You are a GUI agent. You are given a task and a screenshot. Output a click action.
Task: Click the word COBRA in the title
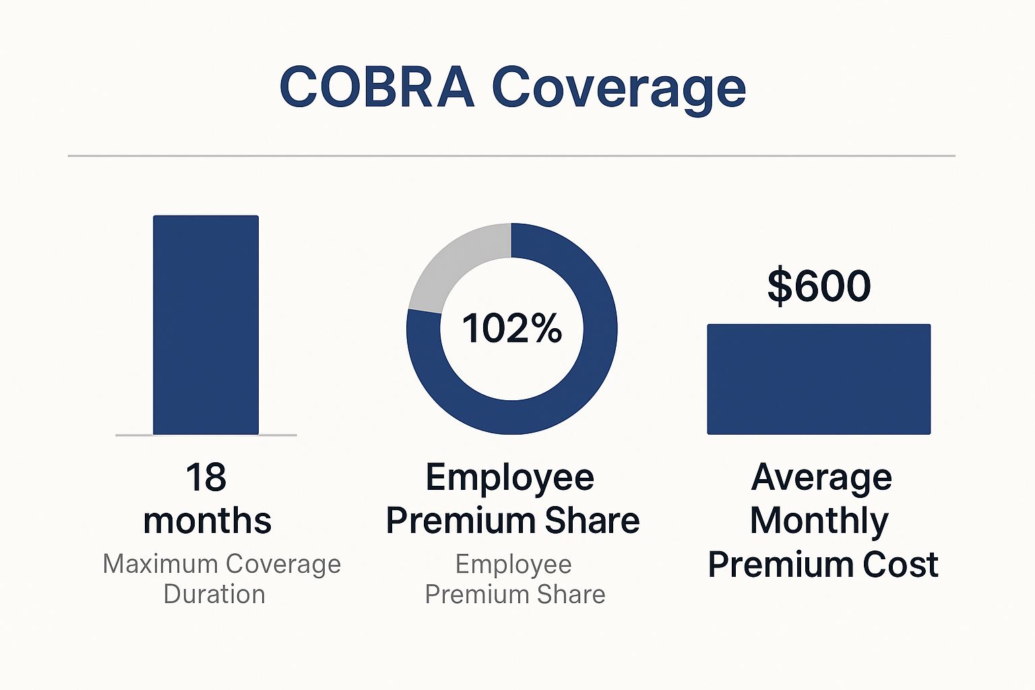377,88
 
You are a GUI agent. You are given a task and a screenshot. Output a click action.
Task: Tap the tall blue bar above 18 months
206,325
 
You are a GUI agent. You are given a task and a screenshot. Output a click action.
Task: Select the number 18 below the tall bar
206,477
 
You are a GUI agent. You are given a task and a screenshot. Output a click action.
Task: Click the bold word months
208,521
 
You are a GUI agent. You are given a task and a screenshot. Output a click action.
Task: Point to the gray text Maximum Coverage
222,564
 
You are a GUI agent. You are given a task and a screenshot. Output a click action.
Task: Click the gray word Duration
214,594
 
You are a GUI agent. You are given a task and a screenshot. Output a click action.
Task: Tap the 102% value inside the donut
512,329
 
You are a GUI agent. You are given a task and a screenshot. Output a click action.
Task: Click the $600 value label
819,286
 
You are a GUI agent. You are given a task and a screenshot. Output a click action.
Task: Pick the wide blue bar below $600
819,379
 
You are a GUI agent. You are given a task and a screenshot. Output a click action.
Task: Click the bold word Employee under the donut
510,478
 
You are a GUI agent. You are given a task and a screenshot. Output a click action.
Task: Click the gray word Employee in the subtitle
513,564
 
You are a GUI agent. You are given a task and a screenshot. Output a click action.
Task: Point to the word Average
821,477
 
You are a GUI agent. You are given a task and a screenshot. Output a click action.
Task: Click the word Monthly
819,521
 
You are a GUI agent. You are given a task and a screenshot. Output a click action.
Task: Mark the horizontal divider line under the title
511,156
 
